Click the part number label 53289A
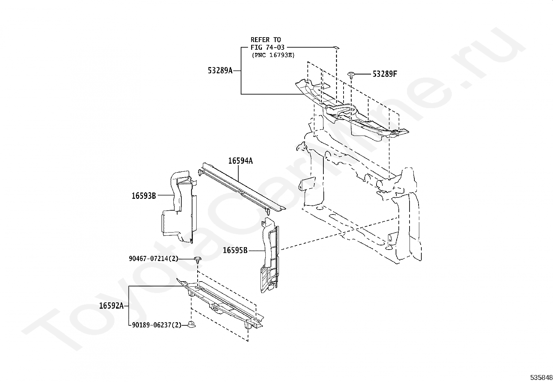220,71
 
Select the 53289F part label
385,74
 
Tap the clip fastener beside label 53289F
351,74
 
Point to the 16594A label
240,161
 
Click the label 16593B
143,196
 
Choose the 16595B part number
235,250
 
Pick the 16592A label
111,306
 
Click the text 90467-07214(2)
153,259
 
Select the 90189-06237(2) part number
157,325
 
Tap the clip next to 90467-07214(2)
198,259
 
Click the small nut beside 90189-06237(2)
191,325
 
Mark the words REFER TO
266,40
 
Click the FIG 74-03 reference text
267,47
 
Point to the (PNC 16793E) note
273,55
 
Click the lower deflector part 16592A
222,306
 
